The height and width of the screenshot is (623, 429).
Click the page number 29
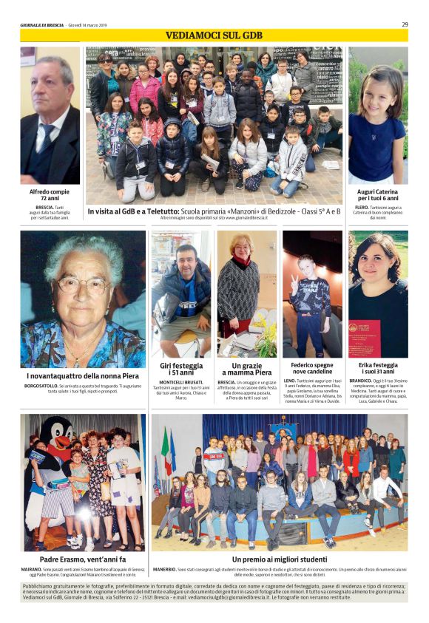405,24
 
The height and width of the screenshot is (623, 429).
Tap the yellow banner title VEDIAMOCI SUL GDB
214,35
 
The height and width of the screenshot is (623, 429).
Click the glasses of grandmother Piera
83,286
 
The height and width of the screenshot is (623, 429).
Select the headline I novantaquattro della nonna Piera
83,375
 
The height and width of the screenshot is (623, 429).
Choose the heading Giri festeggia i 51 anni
181,369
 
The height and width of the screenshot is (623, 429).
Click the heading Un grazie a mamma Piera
246,369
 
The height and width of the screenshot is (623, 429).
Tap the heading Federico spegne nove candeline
312,369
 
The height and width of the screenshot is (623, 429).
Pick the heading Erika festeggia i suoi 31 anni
377,369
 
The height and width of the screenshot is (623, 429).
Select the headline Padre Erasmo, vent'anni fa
83,559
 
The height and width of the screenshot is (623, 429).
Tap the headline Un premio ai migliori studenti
279,559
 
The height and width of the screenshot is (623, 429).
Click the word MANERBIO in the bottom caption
164,569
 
